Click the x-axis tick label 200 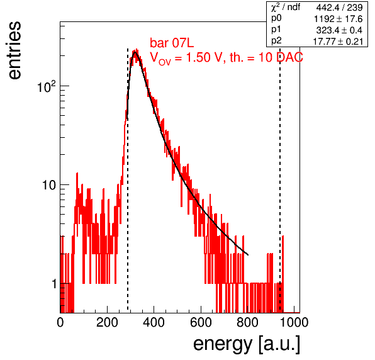click(107, 322)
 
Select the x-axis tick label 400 click(154, 322)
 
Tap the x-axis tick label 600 click(201, 322)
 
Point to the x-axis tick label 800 click(247, 322)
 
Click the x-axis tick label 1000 click(294, 322)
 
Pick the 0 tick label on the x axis click(60, 322)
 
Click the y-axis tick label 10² click(47, 87)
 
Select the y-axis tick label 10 click(49, 185)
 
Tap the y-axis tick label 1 click(54, 284)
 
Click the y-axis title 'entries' click(15, 50)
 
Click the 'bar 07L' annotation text click(172, 43)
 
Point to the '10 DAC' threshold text click(281, 57)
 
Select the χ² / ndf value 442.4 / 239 click(339, 8)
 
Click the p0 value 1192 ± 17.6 click(338, 19)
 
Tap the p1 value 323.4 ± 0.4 click(339, 30)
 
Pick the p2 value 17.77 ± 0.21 click(338, 42)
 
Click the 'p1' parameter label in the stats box click(276, 30)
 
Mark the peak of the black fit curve click(135, 52)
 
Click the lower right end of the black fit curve click(248, 255)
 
